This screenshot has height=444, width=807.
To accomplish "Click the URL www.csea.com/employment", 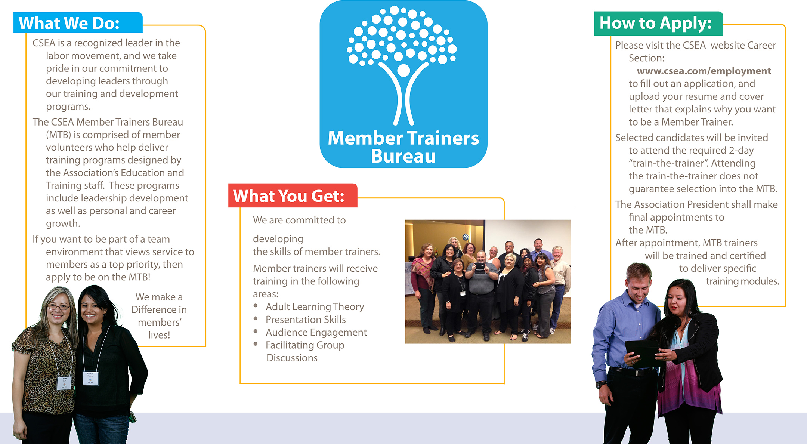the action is click(704, 71).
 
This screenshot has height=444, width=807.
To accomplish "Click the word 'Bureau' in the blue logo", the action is click(403, 156).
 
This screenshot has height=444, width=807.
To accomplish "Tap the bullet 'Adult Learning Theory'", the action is click(315, 307).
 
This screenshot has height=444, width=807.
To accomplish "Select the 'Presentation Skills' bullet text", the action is click(306, 320).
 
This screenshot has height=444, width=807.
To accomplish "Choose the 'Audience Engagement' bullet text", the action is click(316, 332).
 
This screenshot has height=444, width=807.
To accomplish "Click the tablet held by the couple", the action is click(643, 353).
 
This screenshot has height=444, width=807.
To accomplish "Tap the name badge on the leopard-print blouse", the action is click(64, 383).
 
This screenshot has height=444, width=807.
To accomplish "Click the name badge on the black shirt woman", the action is click(90, 378).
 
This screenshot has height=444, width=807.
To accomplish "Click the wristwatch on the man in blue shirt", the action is click(601, 384).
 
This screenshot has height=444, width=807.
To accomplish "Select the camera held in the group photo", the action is click(480, 268).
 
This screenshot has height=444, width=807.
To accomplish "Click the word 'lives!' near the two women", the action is click(159, 335).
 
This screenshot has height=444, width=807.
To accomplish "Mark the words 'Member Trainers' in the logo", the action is click(403, 138).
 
